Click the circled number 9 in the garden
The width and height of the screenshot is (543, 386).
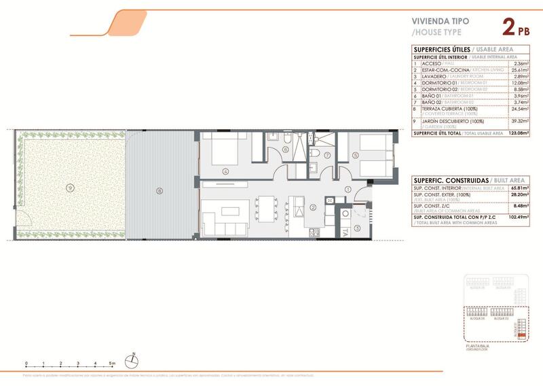[x=69, y=187]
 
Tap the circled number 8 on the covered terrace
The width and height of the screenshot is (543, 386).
[x=160, y=191]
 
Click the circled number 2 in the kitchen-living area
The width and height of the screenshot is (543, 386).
[x=314, y=207]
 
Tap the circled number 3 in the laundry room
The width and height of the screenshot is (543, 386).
[x=357, y=227]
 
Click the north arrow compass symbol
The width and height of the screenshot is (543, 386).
[x=133, y=359]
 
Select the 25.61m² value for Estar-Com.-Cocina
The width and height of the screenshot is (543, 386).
[x=519, y=70]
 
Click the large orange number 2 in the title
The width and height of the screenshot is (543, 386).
[x=507, y=28]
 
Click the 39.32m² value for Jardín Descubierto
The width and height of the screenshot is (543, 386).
[x=519, y=121]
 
